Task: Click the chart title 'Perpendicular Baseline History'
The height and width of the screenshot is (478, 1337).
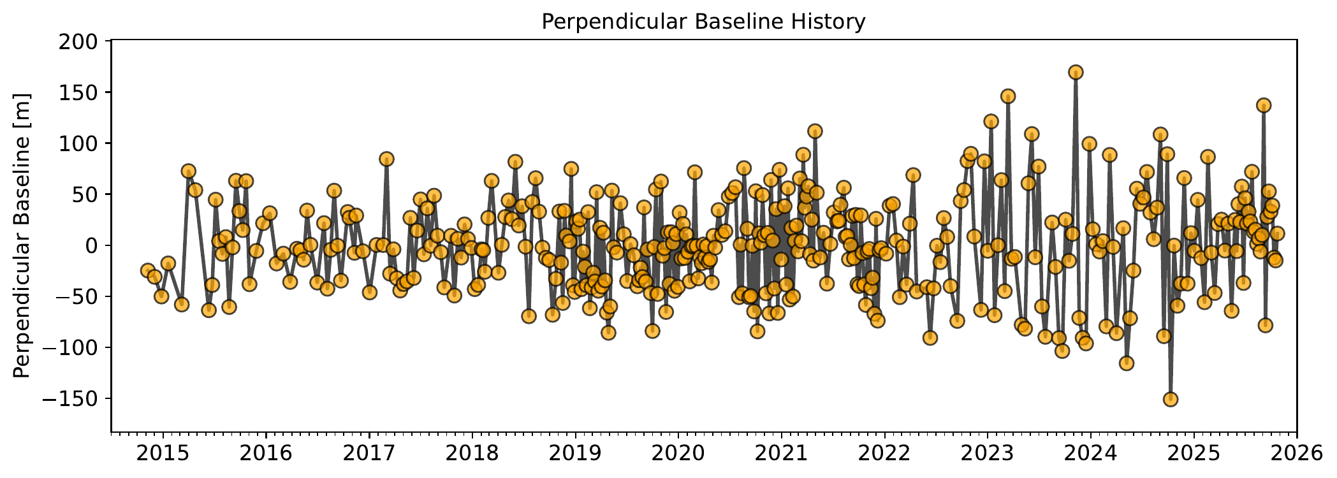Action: pos(703,22)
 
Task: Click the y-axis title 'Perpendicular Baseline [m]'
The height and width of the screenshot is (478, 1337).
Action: pos(22,235)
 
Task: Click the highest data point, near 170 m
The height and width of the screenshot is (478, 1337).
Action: pos(1076,72)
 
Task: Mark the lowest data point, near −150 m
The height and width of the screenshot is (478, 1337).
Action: pos(1171,399)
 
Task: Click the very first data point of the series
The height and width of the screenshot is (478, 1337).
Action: pos(148,271)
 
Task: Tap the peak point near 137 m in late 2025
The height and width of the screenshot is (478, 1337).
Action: pos(1264,105)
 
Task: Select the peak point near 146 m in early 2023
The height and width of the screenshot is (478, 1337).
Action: pos(1008,96)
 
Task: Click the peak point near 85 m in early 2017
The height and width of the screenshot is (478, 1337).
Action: pos(386,159)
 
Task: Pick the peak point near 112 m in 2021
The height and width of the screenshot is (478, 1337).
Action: pos(815,131)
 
